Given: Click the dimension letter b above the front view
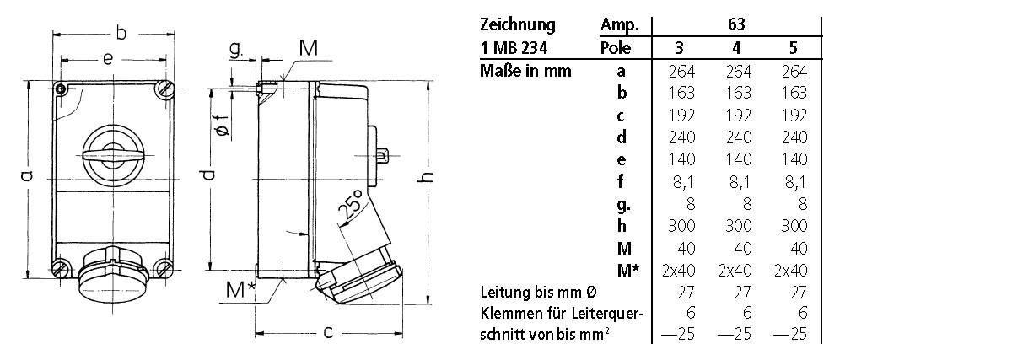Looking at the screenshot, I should [121, 33].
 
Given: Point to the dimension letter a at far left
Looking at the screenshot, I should [25, 175].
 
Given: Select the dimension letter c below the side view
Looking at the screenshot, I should [327, 332].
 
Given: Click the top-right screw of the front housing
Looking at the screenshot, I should [164, 89].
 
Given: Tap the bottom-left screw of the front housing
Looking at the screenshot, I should [60, 269].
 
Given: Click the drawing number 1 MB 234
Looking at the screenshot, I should [516, 48].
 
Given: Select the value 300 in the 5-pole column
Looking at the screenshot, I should [793, 226].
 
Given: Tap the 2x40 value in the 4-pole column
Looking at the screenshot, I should [737, 271].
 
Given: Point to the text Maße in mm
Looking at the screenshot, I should [525, 71].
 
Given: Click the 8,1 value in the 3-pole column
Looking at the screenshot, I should [681, 181].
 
